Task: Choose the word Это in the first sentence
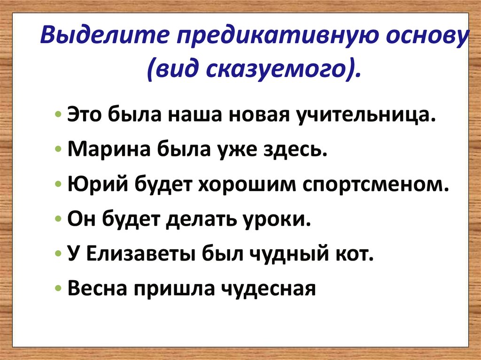pyautogui.click(x=85, y=115)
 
